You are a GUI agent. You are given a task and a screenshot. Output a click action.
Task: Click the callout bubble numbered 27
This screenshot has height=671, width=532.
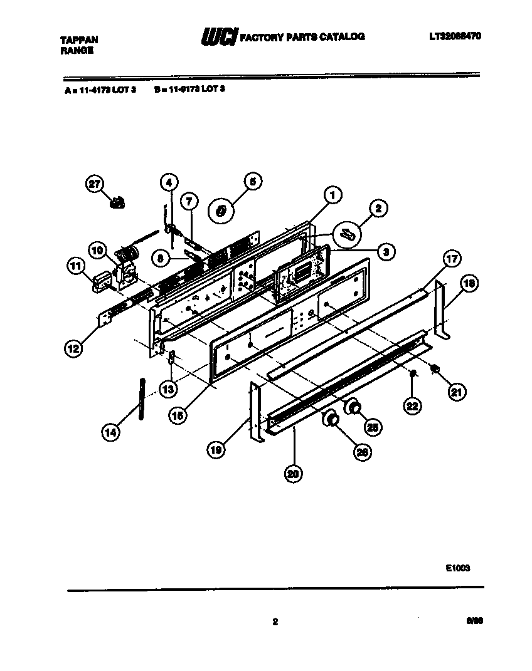94,184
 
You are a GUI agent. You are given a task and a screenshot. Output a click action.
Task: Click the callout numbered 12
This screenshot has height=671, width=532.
74,348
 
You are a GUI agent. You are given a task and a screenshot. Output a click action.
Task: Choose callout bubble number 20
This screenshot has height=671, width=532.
292,474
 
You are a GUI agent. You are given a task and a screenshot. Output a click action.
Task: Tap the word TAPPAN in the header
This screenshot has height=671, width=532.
78,39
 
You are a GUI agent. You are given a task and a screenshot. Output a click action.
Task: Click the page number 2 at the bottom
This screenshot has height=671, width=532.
275,622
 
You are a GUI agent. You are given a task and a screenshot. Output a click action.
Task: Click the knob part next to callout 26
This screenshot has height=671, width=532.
331,418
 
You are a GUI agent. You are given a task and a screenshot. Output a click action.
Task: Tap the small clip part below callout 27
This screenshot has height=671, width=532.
117,202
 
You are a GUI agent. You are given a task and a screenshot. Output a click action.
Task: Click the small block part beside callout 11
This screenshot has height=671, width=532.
100,281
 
